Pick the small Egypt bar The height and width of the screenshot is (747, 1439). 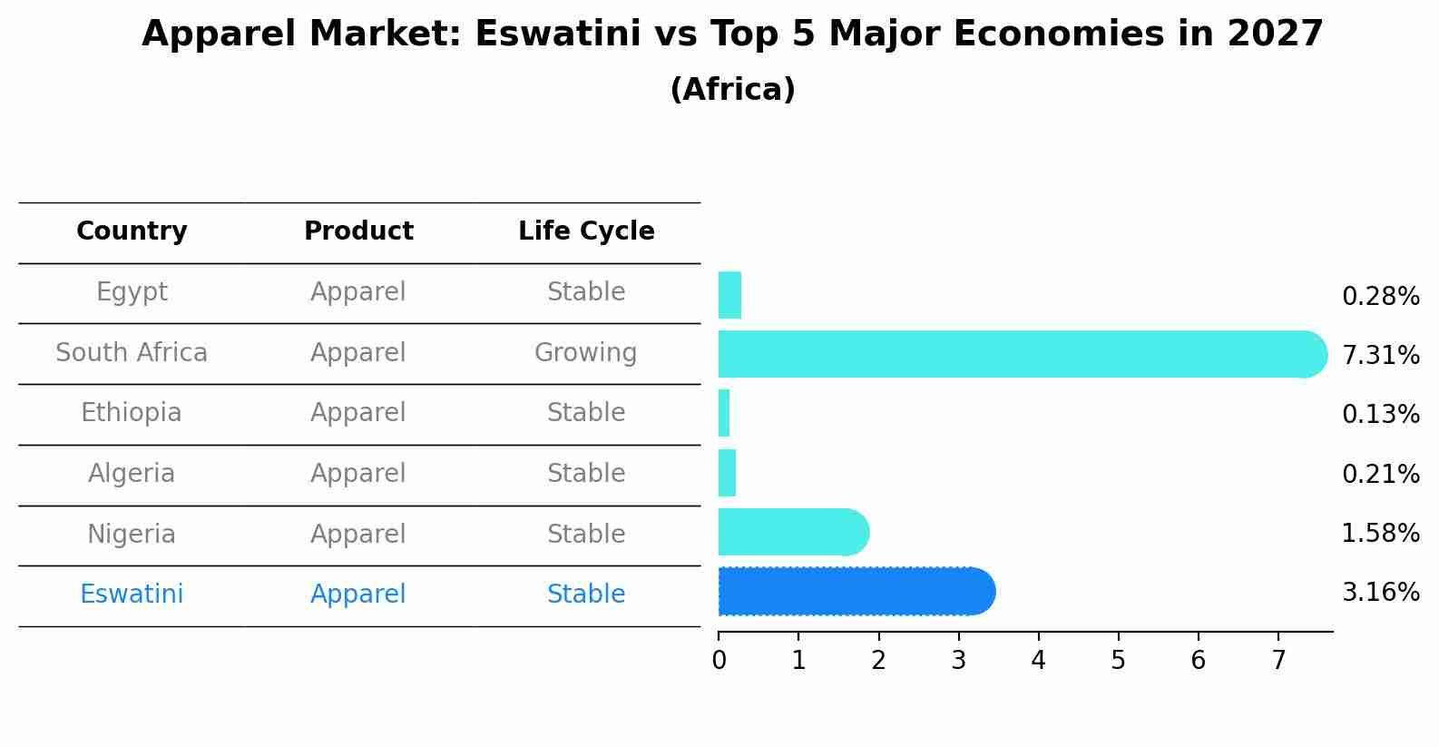tap(729, 295)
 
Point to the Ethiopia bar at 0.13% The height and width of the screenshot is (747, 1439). tap(724, 413)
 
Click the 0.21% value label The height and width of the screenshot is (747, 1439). tap(1380, 474)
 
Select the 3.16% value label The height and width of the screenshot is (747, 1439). tap(1380, 593)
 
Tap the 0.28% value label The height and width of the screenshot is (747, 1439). tap(1380, 297)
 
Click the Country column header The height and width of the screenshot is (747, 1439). tap(132, 231)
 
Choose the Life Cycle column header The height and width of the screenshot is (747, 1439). tap(586, 231)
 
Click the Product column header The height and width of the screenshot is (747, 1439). tap(358, 231)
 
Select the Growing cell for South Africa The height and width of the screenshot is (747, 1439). tap(585, 352)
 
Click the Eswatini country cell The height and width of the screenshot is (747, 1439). tap(132, 595)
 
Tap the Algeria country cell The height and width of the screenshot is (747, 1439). tap(132, 474)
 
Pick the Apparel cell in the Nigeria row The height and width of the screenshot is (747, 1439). tap(358, 534)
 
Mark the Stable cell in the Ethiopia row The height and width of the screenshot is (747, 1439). tap(585, 413)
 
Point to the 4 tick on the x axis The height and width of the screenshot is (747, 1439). tap(1038, 660)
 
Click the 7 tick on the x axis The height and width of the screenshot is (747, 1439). tap(1278, 660)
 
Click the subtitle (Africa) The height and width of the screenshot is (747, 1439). tap(732, 90)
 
